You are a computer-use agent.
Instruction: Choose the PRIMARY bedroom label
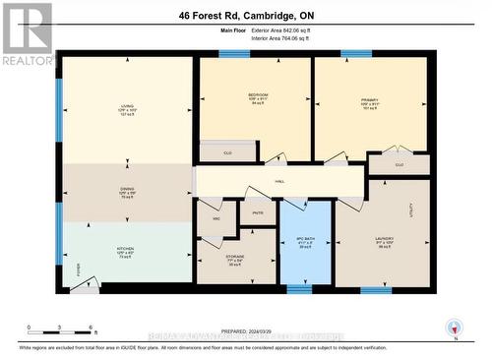[x=369, y=97]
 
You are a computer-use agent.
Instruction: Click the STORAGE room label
[x=236, y=261]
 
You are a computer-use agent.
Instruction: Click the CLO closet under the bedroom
[x=227, y=152]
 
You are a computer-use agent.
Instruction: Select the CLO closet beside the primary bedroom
[x=399, y=165]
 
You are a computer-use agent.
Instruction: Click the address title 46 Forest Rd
[x=246, y=17]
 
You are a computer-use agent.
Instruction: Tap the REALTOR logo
[x=27, y=33]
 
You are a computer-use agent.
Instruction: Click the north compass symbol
[x=453, y=327]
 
